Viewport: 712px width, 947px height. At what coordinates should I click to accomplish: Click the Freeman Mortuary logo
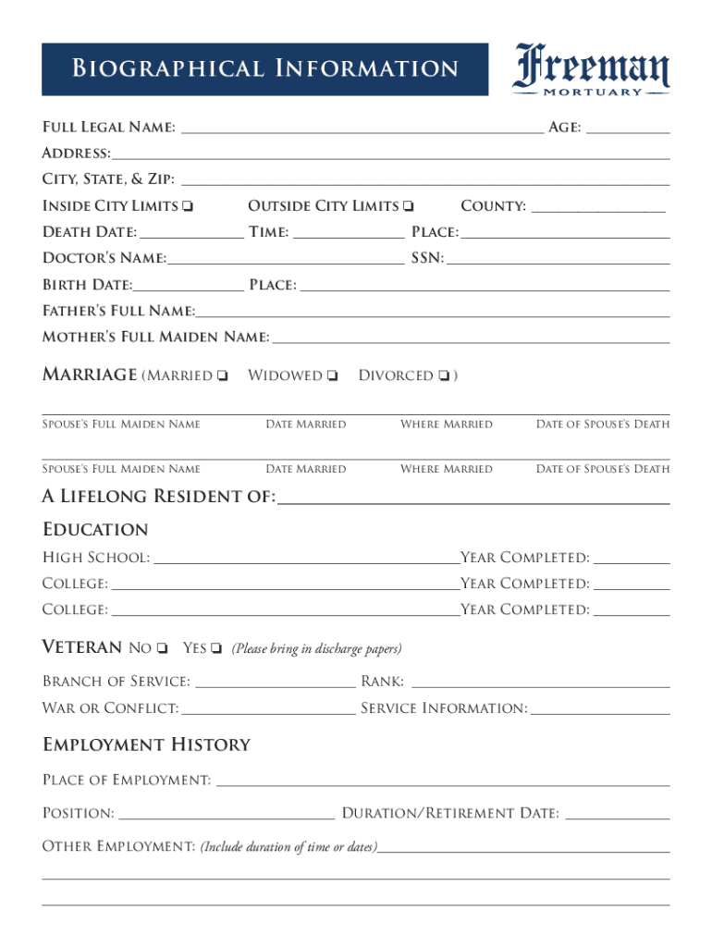tap(592, 69)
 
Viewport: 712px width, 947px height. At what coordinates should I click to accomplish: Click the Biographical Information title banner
tap(264, 69)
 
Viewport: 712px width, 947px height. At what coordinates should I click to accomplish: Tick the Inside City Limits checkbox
tap(188, 206)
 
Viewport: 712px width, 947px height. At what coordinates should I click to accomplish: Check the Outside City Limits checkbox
tap(409, 206)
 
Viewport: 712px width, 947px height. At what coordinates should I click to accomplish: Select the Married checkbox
tap(223, 376)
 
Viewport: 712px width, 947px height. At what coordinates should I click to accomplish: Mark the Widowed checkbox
tap(333, 376)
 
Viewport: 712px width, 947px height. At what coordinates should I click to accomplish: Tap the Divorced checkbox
tap(445, 376)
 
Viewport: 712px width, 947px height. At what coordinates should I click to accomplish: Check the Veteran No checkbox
tap(162, 648)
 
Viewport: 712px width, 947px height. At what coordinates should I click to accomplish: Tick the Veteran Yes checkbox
tap(216, 648)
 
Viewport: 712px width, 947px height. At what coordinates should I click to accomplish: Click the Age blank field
tap(628, 129)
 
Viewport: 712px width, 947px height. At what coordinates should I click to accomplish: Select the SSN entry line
tap(559, 259)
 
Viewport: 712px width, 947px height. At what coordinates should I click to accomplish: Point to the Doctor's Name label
tap(104, 258)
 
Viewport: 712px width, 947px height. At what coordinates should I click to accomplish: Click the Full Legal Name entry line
tap(362, 129)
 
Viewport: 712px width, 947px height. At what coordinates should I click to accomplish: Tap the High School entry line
tap(306, 558)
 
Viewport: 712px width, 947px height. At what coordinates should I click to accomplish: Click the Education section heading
tap(95, 530)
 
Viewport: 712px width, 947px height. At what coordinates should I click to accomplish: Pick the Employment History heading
tap(146, 745)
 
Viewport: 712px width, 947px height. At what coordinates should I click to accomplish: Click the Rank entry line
tap(540, 683)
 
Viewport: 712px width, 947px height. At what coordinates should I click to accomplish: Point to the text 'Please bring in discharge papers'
tap(316, 649)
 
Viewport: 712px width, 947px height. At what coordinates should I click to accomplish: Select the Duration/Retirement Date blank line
tap(617, 814)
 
